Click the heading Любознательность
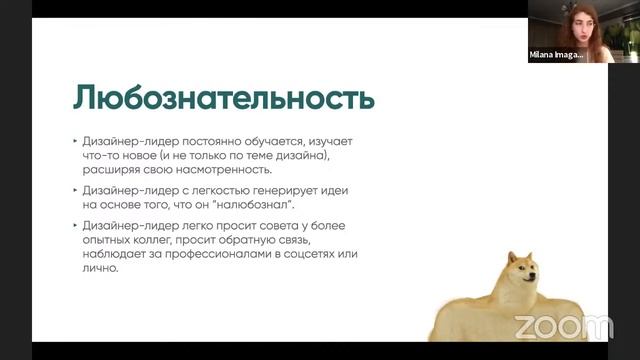[x=223, y=98]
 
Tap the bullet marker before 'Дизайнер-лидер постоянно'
[x=75, y=143]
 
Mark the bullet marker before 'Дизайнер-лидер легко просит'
[x=75, y=226]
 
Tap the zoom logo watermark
[x=563, y=325]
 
